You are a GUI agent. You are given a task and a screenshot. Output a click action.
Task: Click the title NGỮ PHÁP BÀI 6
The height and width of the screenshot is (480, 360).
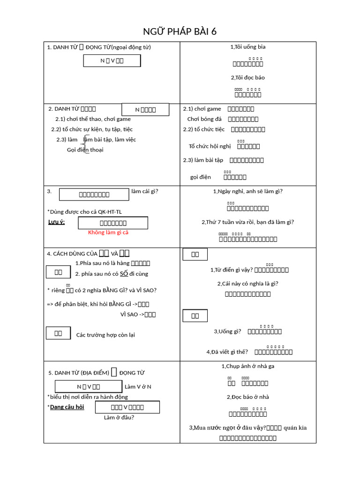pos(180,32)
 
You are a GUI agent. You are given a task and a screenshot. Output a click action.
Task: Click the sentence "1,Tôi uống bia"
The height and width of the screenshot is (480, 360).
pos(248,47)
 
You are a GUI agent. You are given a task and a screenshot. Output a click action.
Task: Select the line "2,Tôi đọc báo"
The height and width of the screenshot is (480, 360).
pos(247,77)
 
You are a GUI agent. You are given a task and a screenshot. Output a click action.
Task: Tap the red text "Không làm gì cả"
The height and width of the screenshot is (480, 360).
pos(108,232)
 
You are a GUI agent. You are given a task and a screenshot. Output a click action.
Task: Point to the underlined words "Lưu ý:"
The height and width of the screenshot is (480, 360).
pos(56,222)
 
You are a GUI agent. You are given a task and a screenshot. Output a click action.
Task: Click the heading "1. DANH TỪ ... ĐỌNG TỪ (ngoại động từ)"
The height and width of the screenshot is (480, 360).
pos(99,47)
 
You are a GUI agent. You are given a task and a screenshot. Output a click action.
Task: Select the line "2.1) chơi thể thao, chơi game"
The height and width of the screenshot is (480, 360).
pos(93,119)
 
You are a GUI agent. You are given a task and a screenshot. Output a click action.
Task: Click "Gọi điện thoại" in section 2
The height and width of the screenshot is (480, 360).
pos(85,150)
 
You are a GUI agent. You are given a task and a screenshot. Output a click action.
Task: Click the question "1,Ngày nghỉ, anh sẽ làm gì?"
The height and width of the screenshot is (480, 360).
pos(247,191)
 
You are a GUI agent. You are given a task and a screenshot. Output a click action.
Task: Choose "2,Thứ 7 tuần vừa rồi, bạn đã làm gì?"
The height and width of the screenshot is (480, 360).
pos(247,222)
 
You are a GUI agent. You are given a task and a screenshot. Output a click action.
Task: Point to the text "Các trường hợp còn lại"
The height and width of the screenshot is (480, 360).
pos(105,335)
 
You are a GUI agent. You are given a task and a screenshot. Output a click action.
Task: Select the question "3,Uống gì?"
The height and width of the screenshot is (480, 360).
pos(227,331)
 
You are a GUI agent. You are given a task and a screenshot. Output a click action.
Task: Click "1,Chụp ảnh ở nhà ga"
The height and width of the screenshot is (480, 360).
pos(247,366)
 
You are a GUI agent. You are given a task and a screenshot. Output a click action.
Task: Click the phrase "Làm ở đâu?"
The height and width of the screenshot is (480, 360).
pos(119,417)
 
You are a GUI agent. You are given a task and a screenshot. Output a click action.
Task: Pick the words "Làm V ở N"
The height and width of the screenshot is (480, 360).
pos(138,386)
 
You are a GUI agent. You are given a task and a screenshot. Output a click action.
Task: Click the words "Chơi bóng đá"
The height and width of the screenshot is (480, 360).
pos(204,119)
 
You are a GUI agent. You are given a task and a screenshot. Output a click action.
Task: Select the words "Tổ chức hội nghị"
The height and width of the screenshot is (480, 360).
pos(210,146)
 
